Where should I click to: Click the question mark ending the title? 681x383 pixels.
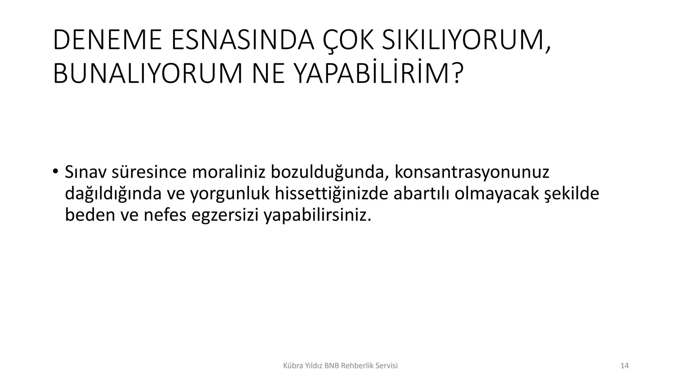point(458,73)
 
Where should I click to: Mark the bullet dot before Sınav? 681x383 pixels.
point(55,172)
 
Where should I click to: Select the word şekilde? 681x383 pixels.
point(571,194)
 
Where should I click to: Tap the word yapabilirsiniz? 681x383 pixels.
point(318,216)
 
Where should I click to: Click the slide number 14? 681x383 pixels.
point(625,366)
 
